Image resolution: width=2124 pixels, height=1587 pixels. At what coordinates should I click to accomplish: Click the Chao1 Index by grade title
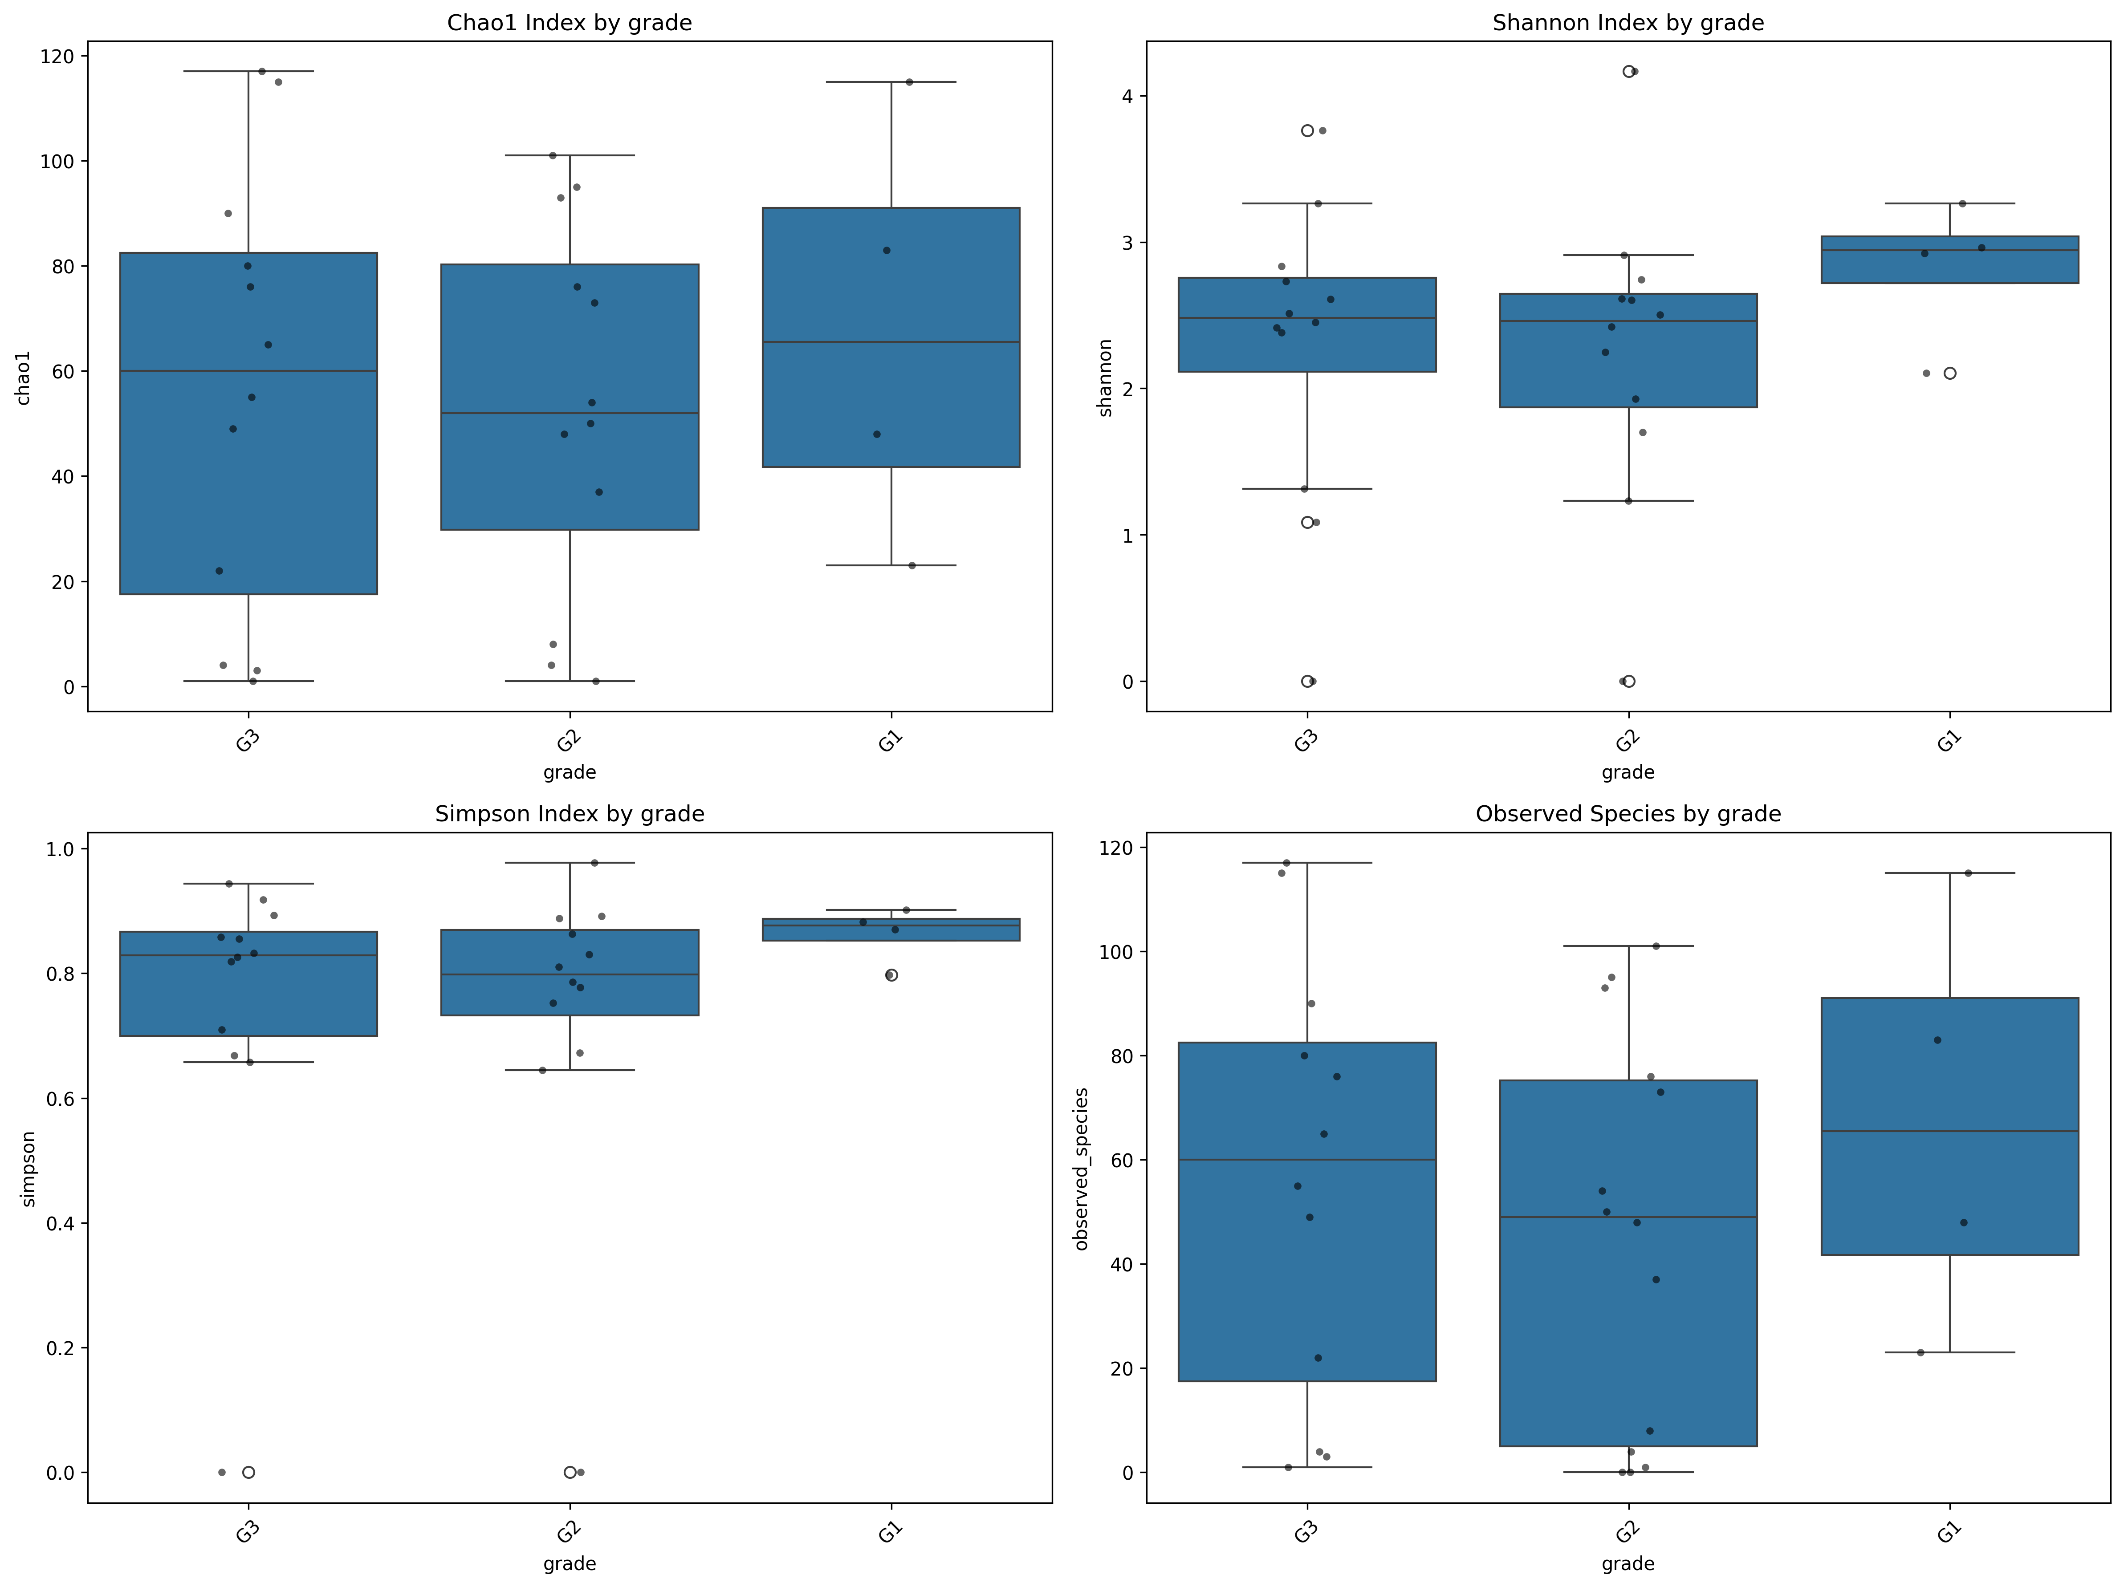point(570,23)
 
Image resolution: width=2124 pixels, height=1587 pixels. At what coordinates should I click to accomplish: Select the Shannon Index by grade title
point(1628,23)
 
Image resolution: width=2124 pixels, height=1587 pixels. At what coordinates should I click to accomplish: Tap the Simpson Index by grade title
point(570,814)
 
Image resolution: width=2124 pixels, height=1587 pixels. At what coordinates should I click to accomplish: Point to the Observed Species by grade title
point(1628,814)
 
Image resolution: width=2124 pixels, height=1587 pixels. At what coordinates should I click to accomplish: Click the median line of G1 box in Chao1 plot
point(891,342)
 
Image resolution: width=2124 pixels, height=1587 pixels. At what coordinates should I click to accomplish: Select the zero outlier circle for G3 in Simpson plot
point(249,1472)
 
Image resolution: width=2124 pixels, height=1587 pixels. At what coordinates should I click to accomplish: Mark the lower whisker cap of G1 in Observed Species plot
point(1949,1353)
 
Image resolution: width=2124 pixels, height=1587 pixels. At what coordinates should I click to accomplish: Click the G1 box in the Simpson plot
point(891,929)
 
